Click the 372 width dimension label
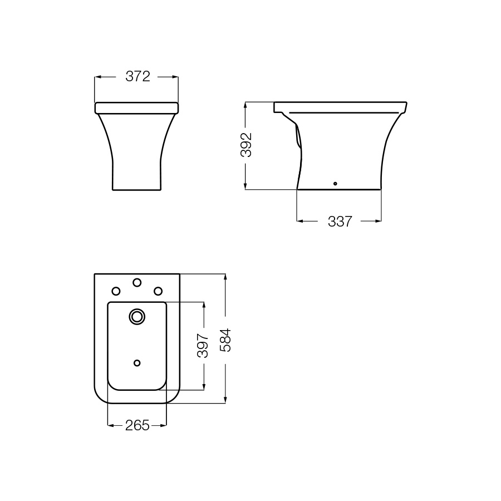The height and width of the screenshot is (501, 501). [x=137, y=77]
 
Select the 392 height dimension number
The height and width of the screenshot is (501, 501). [x=246, y=145]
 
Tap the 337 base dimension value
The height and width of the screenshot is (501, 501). [x=340, y=222]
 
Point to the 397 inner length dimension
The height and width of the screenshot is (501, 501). [x=204, y=345]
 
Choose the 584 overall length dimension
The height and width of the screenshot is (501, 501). [x=225, y=339]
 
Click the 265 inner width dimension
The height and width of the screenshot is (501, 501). [x=137, y=426]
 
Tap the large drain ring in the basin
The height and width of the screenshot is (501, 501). [x=136, y=317]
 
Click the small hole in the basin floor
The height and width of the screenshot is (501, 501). [x=137, y=363]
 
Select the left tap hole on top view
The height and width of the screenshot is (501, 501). [x=116, y=291]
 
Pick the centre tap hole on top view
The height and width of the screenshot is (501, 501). [x=137, y=283]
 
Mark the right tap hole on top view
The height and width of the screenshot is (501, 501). [x=158, y=291]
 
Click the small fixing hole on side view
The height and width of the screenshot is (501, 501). [x=335, y=183]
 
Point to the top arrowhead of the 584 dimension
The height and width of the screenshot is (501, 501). [x=225, y=277]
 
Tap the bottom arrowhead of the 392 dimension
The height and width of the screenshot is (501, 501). [x=246, y=186]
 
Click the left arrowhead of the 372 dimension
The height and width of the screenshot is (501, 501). [x=98, y=77]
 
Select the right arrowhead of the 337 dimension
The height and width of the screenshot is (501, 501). [x=378, y=222]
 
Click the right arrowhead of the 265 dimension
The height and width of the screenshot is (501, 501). [x=164, y=426]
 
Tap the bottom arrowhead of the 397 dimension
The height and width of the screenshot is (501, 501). [x=204, y=386]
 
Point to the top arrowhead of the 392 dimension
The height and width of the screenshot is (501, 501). [x=246, y=105]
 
